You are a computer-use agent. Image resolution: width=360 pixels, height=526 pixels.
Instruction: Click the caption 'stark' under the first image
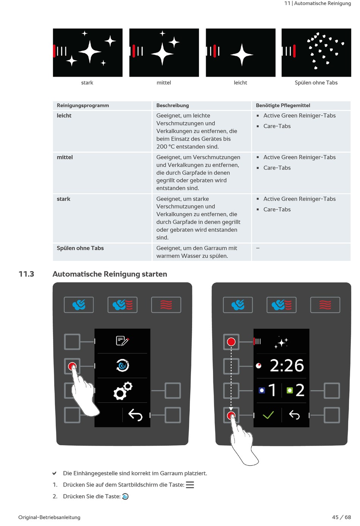click(87, 83)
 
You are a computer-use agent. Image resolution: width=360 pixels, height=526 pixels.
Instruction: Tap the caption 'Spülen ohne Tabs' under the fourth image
click(316, 83)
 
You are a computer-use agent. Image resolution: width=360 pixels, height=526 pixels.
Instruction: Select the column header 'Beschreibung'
click(172, 105)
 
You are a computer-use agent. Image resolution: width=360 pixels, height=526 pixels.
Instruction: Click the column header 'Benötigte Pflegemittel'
click(283, 105)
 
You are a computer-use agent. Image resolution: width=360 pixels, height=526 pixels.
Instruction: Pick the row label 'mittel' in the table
click(65, 157)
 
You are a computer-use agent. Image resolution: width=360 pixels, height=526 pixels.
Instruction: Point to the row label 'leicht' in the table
click(64, 116)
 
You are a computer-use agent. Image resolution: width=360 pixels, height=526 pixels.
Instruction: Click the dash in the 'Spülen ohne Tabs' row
click(258, 248)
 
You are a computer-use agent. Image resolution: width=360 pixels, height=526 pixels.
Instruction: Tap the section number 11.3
click(27, 274)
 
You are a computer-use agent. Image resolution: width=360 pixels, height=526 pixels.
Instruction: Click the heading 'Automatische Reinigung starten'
click(110, 274)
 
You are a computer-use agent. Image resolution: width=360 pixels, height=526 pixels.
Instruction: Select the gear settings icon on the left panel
click(123, 391)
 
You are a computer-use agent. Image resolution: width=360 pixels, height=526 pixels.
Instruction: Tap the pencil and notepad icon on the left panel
click(122, 341)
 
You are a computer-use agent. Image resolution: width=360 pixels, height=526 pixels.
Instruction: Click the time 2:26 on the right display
click(286, 366)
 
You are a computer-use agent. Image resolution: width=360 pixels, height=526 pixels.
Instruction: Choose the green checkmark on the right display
click(268, 415)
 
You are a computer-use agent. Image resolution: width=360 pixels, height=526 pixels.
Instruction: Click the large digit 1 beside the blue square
click(272, 390)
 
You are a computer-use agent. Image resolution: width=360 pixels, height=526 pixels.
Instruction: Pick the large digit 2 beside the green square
click(300, 390)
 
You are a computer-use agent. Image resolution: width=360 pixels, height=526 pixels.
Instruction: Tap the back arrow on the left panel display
click(135, 415)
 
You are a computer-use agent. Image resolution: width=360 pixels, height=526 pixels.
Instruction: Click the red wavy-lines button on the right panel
click(325, 305)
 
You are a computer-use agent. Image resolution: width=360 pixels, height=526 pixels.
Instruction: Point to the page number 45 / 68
click(341, 517)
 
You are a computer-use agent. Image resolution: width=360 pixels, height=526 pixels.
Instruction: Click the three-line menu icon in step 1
click(190, 485)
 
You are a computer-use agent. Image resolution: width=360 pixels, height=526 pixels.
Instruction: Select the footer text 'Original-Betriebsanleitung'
click(49, 517)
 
